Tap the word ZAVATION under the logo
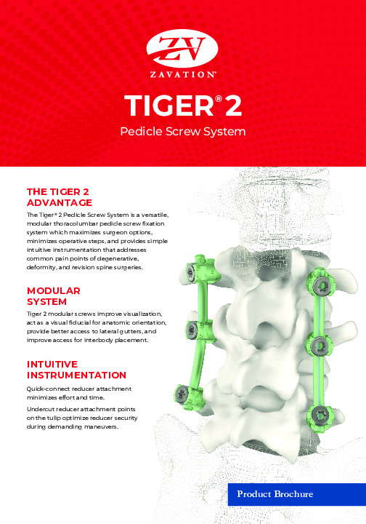(x=182, y=74)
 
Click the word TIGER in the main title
(x=169, y=106)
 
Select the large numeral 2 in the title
(x=233, y=106)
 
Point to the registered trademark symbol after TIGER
(x=219, y=98)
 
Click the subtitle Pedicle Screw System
(x=183, y=132)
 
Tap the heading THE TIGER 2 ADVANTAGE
(x=60, y=197)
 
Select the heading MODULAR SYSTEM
(x=53, y=296)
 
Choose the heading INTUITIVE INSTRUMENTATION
(x=76, y=370)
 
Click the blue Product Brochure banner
(x=297, y=494)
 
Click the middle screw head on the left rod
(x=192, y=330)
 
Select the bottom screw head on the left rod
(x=182, y=392)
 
